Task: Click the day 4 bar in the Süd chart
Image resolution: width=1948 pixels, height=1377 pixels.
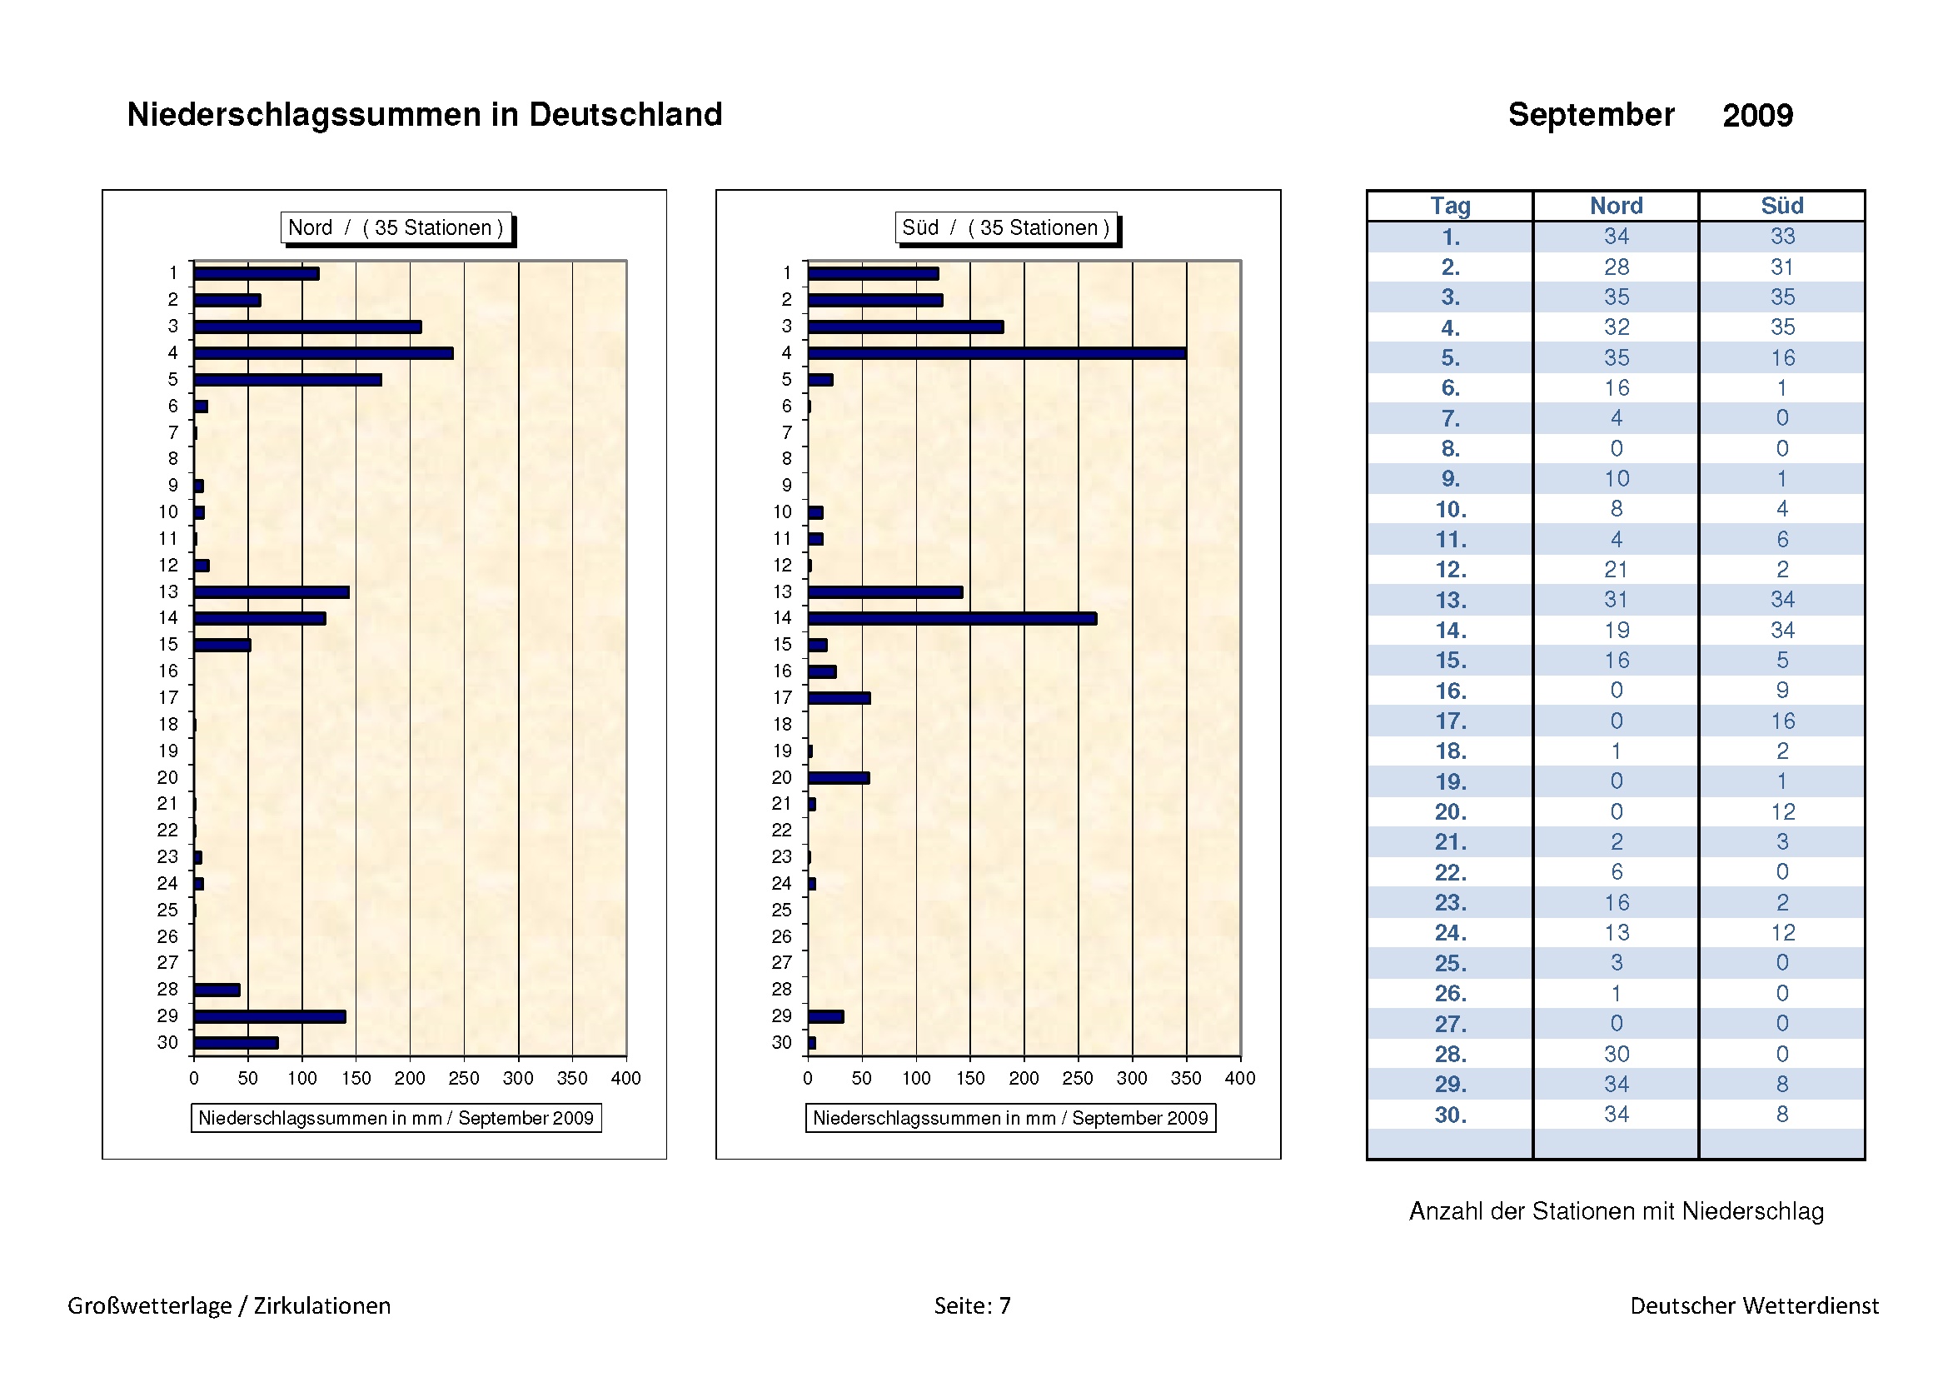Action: (997, 353)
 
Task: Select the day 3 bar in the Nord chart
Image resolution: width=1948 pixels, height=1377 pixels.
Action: (307, 327)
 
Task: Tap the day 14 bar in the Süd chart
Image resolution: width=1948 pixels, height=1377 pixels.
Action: (952, 618)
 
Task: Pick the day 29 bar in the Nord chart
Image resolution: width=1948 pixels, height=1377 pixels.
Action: (270, 1016)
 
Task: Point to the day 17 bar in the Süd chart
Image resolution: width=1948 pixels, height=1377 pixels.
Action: (839, 698)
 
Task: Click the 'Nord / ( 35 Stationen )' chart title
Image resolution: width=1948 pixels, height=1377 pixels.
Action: (396, 227)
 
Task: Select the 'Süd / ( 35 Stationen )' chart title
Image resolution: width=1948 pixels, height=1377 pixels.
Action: (1005, 227)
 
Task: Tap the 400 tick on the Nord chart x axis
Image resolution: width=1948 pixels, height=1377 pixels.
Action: (626, 1077)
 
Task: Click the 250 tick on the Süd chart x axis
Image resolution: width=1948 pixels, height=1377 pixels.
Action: (1078, 1077)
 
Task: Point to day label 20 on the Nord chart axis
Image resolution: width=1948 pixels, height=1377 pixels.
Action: (168, 777)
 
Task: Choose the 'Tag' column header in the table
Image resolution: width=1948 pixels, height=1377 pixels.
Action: (1450, 206)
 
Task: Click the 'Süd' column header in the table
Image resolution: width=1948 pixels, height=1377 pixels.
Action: (1781, 206)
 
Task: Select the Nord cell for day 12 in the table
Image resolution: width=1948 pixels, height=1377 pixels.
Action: (1617, 569)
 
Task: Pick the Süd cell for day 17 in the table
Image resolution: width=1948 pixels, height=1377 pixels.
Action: (1781, 721)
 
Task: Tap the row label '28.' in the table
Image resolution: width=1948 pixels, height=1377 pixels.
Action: (1450, 1055)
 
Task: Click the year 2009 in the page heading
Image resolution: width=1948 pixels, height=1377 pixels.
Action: (1757, 116)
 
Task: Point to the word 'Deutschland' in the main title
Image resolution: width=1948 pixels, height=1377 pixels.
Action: (625, 114)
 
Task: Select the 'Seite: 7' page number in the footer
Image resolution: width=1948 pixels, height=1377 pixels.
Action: (972, 1305)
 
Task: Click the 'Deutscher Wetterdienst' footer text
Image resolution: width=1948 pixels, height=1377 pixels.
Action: (1754, 1305)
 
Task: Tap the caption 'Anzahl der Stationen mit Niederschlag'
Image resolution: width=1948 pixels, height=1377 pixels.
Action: (1617, 1210)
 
